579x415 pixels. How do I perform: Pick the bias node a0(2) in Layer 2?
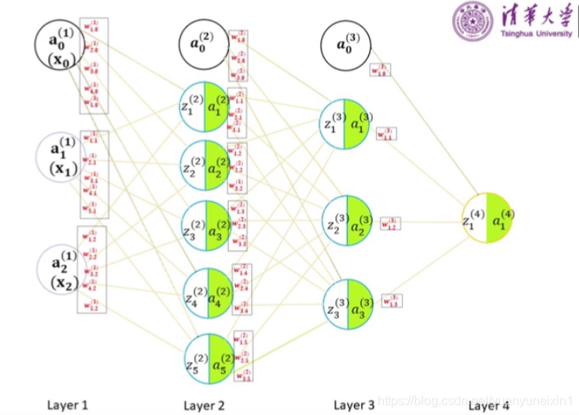pos(204,43)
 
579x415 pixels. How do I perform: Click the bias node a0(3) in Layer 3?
pos(344,43)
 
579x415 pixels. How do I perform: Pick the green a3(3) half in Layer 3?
pos(358,309)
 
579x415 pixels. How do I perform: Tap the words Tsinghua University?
pos(534,34)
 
